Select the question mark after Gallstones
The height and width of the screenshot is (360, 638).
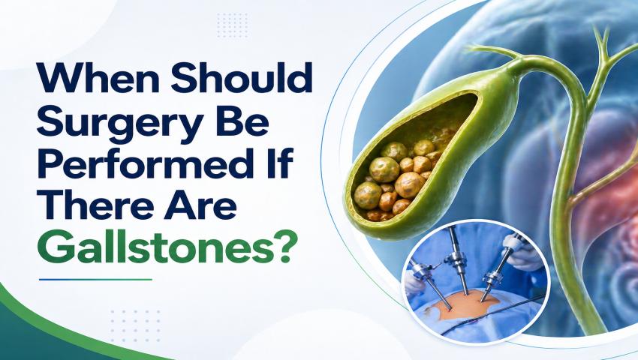[x=281, y=248]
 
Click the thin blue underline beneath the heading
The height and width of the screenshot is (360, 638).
[x=95, y=280]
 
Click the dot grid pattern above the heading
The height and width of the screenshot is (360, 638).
[x=233, y=25]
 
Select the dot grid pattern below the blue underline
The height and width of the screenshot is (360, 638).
[x=135, y=325]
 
